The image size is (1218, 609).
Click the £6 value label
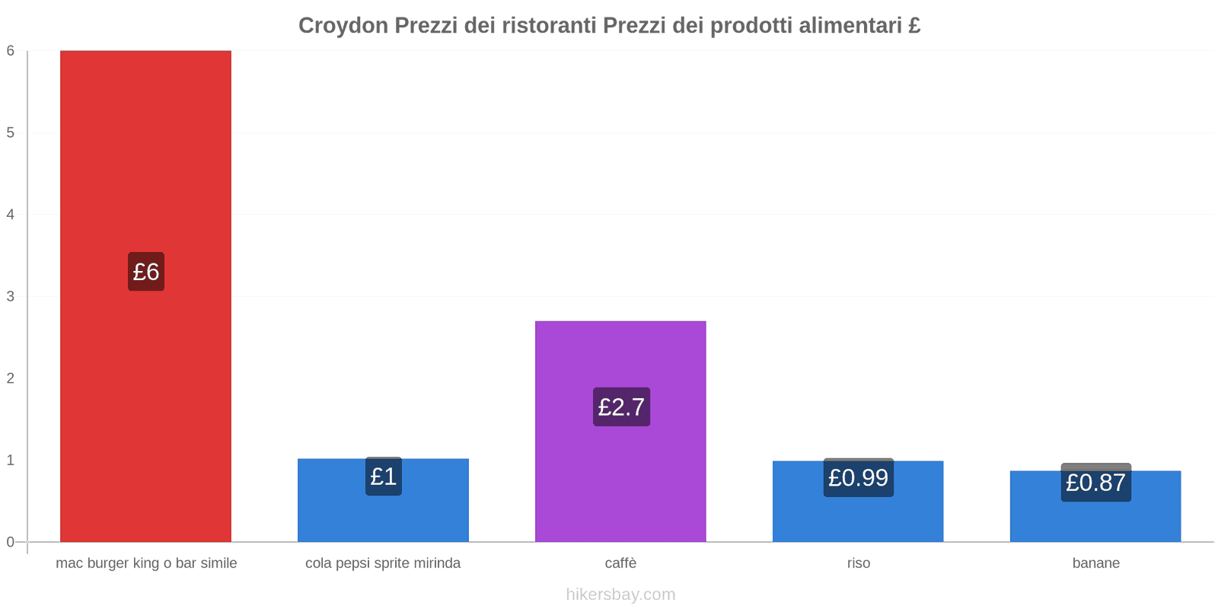(146, 272)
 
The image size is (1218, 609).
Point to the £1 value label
(384, 477)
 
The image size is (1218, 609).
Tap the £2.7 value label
(621, 407)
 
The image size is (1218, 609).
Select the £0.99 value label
(858, 478)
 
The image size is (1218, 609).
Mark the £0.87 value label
(1095, 483)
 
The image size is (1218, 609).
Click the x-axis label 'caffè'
(620, 563)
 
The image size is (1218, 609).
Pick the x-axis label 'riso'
(858, 563)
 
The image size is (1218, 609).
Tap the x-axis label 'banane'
(1095, 563)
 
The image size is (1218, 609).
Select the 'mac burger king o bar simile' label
(146, 563)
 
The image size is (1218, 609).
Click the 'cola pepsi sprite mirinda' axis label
(383, 563)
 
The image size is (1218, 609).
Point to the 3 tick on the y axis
(11, 296)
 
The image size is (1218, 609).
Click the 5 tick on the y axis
(11, 132)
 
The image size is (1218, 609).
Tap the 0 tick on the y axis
(11, 542)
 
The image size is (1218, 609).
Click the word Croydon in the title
(343, 26)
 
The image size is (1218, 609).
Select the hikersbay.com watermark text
(620, 595)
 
